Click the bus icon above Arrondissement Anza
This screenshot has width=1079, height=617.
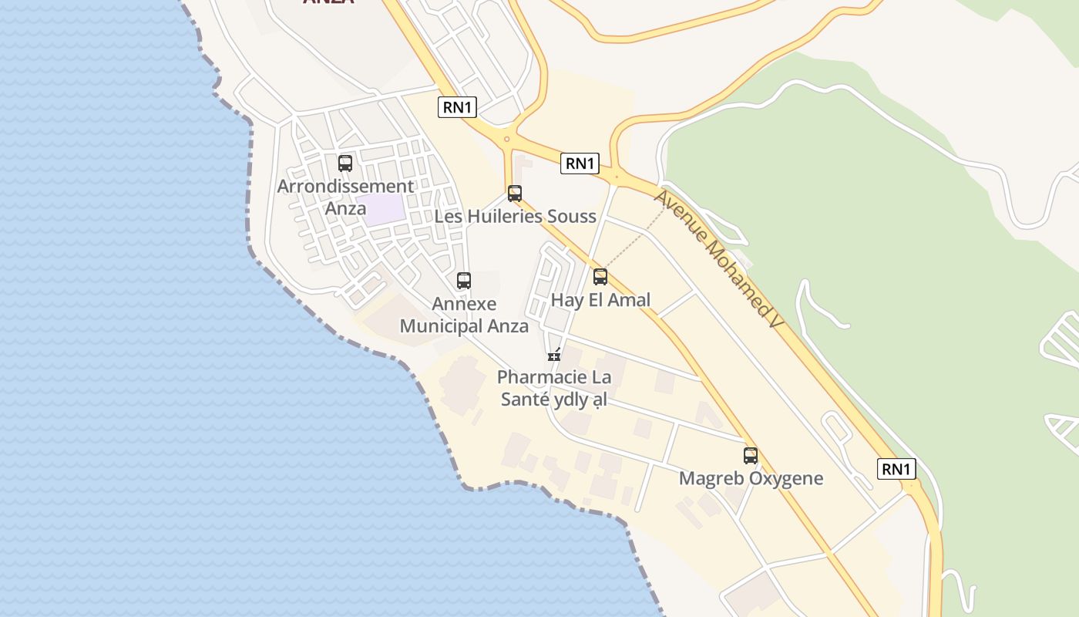tap(345, 164)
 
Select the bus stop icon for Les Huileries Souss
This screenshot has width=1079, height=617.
tap(515, 194)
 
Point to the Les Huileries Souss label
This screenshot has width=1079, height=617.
tap(515, 217)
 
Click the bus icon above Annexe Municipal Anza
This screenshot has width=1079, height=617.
tap(464, 281)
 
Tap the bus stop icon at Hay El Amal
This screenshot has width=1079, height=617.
tap(600, 277)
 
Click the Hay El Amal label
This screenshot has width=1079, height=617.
tap(600, 300)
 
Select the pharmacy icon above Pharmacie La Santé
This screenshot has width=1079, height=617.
tap(553, 355)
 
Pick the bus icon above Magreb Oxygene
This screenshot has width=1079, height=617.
tap(751, 455)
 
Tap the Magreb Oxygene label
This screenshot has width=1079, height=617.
tap(751, 478)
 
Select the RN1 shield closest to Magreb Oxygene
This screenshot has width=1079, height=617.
tap(896, 469)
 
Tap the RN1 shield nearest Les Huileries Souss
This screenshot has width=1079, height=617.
tap(580, 164)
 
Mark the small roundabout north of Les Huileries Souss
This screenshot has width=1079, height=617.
tap(506, 140)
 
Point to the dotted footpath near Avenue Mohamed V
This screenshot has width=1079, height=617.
tap(637, 240)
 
